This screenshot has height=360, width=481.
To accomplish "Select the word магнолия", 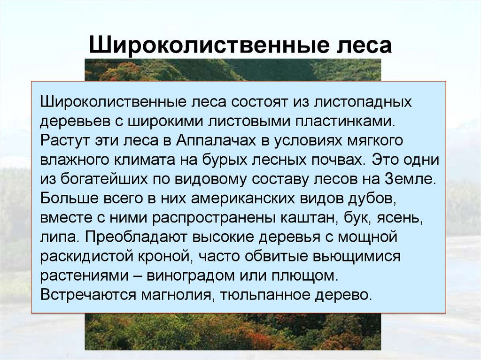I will coord(170,295).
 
